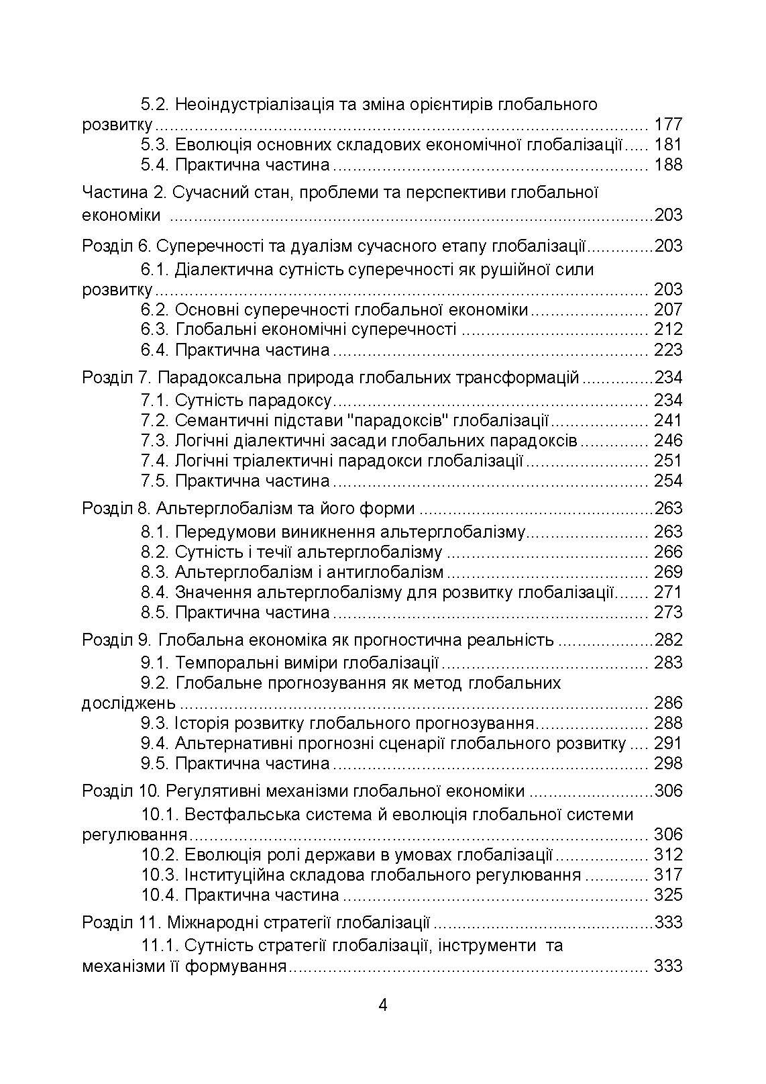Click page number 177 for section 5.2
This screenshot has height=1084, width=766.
pyautogui.click(x=667, y=125)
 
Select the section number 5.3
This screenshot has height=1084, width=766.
pyautogui.click(x=154, y=145)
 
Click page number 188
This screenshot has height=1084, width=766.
pyautogui.click(x=667, y=165)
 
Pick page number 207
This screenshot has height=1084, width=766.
pyautogui.click(x=667, y=310)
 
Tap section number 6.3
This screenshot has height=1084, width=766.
pyautogui.click(x=154, y=330)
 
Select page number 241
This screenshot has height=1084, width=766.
pyautogui.click(x=667, y=421)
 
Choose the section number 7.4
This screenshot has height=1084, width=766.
pyautogui.click(x=154, y=461)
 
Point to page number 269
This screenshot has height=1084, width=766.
pyautogui.click(x=667, y=573)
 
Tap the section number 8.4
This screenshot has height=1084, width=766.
pyautogui.click(x=154, y=593)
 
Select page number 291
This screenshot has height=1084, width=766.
pyautogui.click(x=667, y=744)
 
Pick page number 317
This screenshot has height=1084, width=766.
pyautogui.click(x=667, y=875)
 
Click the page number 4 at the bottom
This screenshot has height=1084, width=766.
pyautogui.click(x=383, y=1005)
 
